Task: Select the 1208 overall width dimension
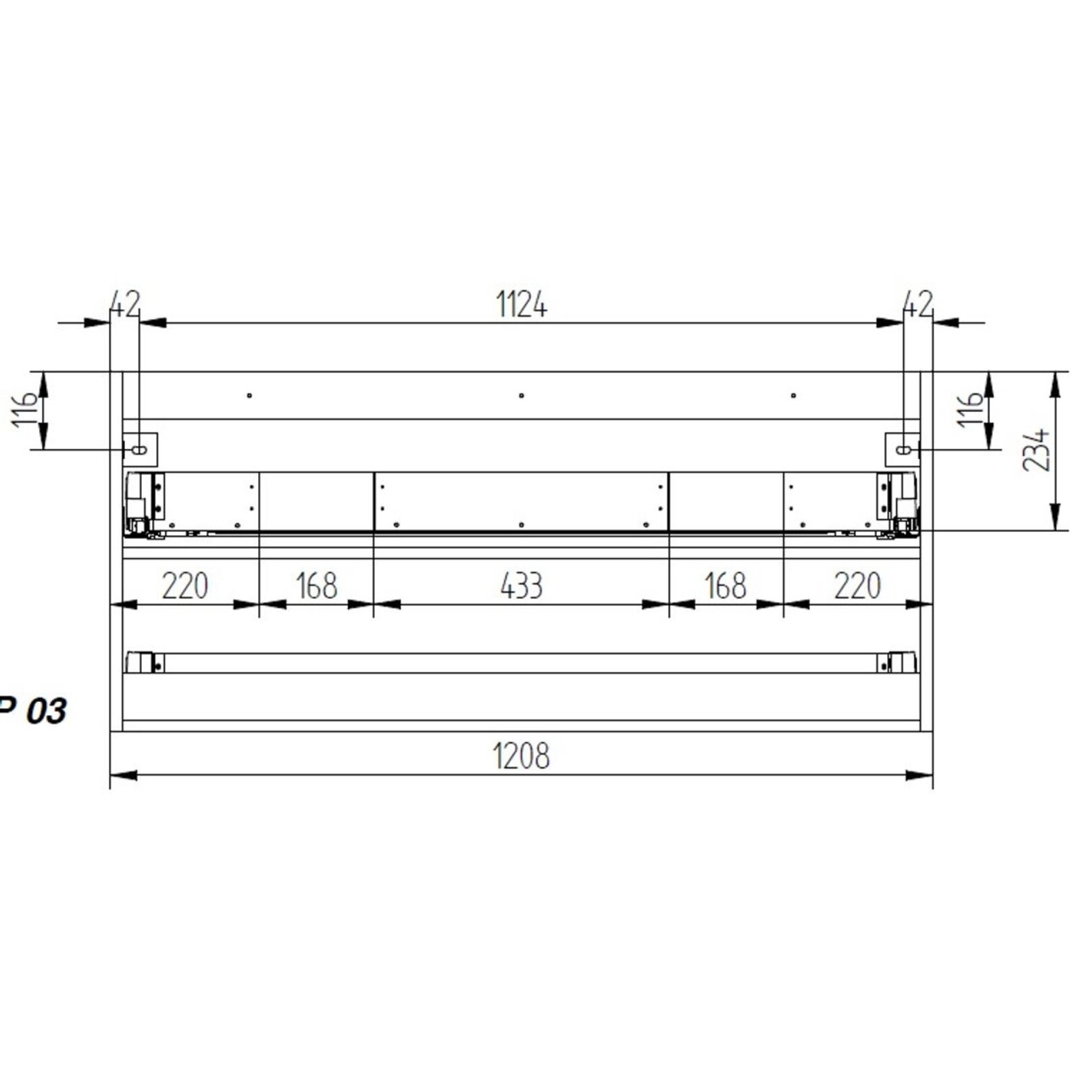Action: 521,755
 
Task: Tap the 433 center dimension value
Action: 522,586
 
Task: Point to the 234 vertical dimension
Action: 1036,449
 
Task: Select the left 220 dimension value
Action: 184,586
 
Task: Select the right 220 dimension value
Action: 857,586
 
